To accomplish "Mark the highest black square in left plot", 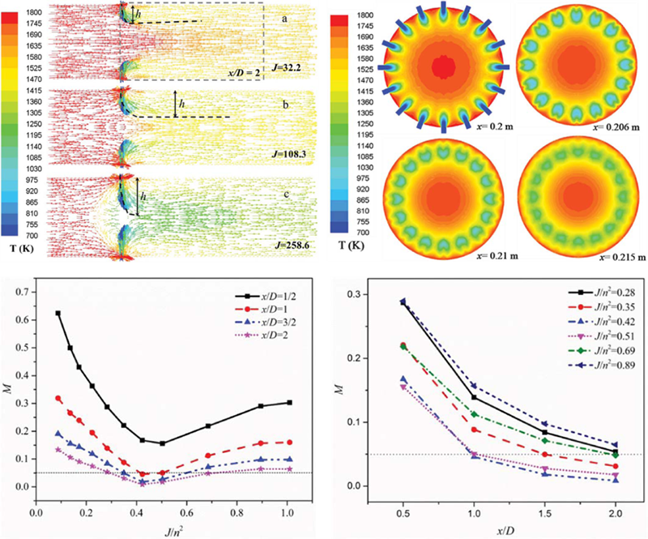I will coord(58,313).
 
